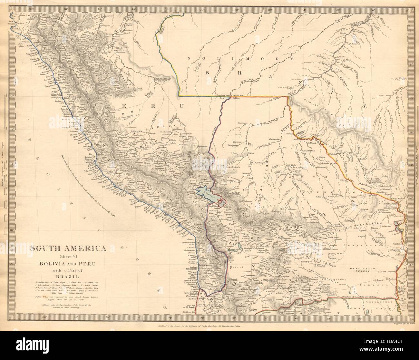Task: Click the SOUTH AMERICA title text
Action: pos(69,248)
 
